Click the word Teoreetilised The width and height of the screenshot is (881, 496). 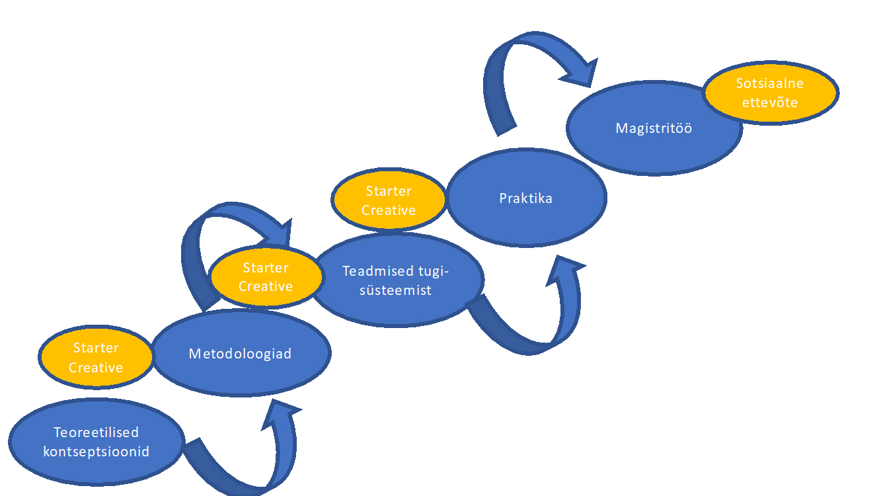96,433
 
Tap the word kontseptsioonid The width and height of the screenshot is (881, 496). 96,452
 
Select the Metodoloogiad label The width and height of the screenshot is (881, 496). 240,354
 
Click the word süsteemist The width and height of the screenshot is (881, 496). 395,290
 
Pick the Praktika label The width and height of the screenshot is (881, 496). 526,198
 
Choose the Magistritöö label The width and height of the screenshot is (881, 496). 654,128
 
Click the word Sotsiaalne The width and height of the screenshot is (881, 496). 770,84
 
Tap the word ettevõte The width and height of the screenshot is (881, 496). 770,103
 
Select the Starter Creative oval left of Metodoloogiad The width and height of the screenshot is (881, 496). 96,358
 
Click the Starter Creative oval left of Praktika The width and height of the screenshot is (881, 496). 389,200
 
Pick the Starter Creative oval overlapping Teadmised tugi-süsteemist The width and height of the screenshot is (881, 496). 266,277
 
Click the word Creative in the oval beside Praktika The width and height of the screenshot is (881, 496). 389,210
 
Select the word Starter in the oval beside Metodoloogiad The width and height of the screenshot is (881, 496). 96,348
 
